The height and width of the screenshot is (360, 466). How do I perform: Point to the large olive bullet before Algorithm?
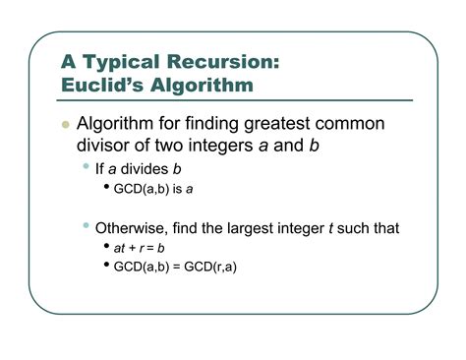66,127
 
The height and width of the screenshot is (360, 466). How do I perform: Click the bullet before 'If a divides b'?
87,166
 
